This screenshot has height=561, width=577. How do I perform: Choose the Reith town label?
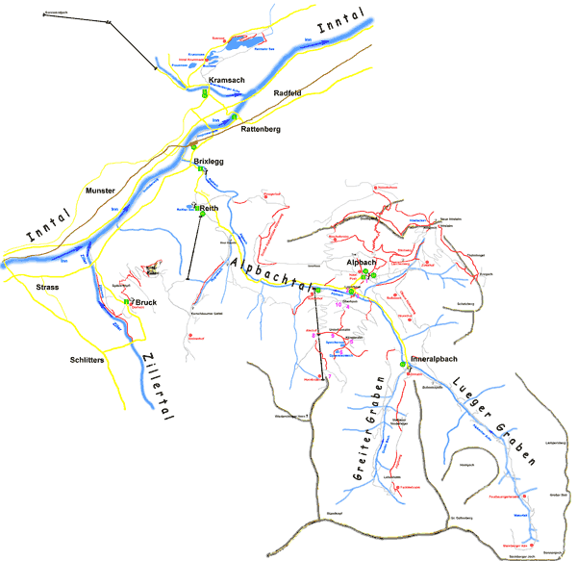tap(211, 208)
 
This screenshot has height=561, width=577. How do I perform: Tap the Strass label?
tap(48, 288)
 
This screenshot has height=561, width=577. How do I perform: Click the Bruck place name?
tap(146, 302)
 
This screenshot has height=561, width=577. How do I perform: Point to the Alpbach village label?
tap(361, 262)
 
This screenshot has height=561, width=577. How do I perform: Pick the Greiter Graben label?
tap(364, 439)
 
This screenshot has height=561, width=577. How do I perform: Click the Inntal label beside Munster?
tap(44, 229)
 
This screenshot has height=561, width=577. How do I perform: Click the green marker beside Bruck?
tap(126, 302)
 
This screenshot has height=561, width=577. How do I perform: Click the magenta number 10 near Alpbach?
tap(338, 305)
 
